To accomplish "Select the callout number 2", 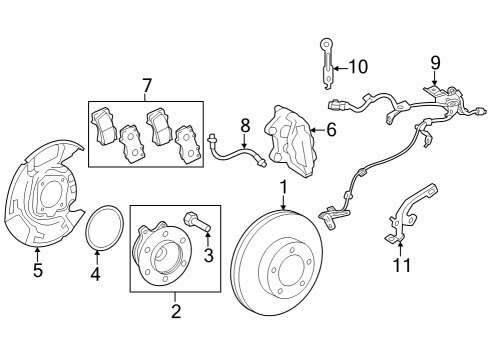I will pos(175,312).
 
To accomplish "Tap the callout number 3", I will pos(208,256).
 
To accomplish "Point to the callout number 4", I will pos(96,273).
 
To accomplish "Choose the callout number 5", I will pos(37,269).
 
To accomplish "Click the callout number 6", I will pos(332,129).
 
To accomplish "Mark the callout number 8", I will pos(243,125).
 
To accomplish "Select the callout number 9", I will pos(435,63).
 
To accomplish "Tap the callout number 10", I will pos(357,67).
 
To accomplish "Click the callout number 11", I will pos(400,264).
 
